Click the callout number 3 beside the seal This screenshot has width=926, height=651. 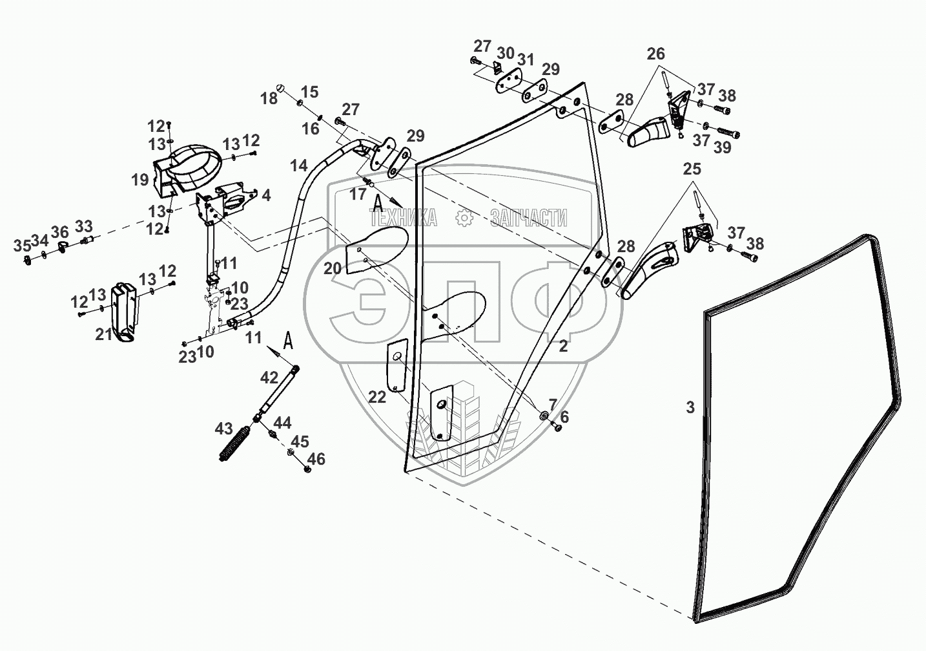click(690, 407)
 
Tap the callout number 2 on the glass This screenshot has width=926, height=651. click(563, 346)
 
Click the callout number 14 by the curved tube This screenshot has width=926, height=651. click(298, 166)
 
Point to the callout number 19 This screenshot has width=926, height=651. click(141, 180)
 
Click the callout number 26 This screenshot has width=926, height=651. click(656, 54)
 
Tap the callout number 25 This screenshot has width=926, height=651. click(692, 169)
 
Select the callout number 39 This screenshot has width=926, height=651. click(723, 147)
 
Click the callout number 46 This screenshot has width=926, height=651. click(316, 459)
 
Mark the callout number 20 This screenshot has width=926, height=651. click(333, 268)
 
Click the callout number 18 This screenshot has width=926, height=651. click(269, 98)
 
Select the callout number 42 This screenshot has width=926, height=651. click(269, 378)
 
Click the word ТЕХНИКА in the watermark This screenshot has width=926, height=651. click(404, 218)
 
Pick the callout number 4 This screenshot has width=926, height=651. click(266, 195)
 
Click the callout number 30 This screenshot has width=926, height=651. click(506, 52)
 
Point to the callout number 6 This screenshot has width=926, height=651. click(564, 418)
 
